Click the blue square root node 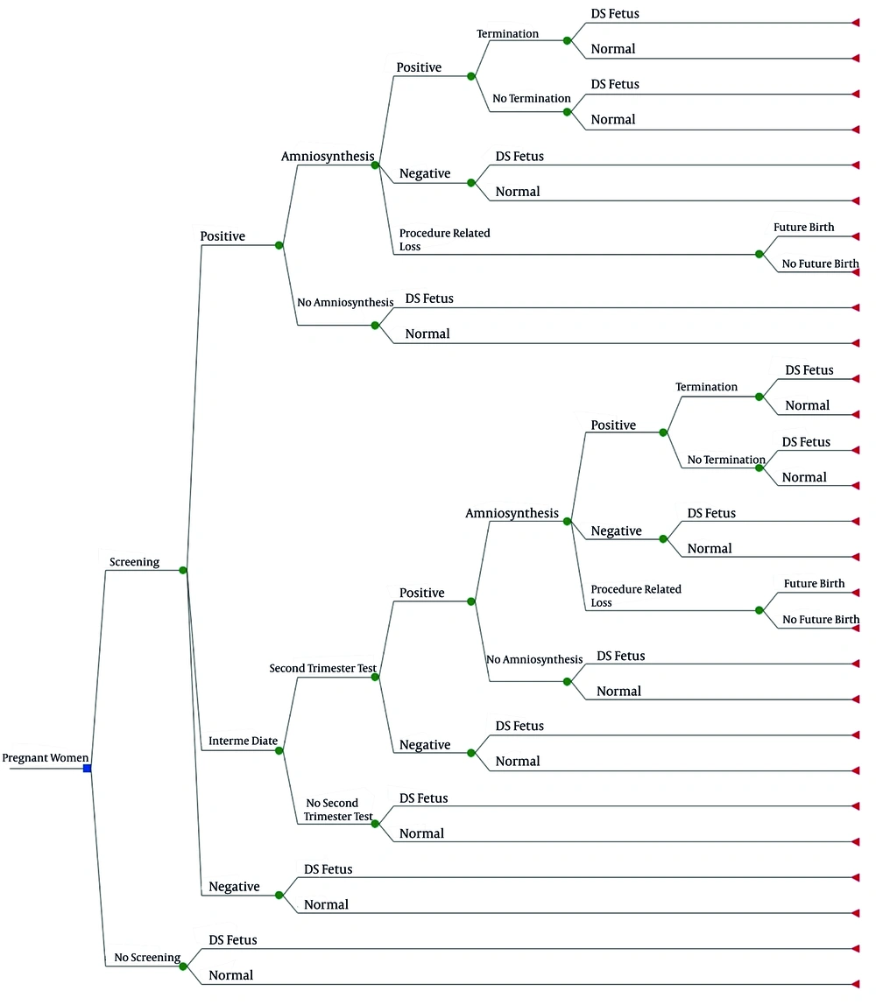click(88, 768)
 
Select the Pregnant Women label click(46, 757)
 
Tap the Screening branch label click(134, 562)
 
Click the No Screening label click(147, 957)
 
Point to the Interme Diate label click(243, 741)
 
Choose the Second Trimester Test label click(322, 668)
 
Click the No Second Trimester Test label click(338, 810)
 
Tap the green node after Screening click(183, 570)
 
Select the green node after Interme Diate click(279, 750)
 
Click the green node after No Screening click(183, 966)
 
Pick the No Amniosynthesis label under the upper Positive click(345, 303)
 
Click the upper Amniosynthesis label click(328, 157)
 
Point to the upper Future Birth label click(803, 227)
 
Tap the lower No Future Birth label click(821, 619)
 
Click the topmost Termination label click(507, 33)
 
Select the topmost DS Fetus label click(615, 13)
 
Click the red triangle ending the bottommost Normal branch click(856, 984)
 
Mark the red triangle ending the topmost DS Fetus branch click(856, 23)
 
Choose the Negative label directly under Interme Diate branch click(234, 887)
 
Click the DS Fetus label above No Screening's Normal click(233, 939)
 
